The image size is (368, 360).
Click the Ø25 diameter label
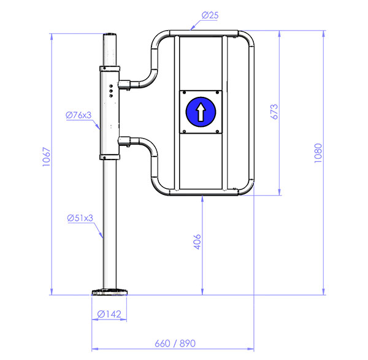click(x=210, y=15)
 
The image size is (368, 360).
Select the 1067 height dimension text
click(x=47, y=157)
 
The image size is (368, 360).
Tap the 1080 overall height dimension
click(x=318, y=153)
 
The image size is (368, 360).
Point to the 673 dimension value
click(x=274, y=112)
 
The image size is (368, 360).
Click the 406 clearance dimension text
click(x=197, y=242)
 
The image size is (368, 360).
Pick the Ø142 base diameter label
click(x=109, y=314)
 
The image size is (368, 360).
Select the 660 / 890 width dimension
click(x=175, y=343)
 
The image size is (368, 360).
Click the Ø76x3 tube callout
click(x=79, y=115)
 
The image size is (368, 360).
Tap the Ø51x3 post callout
click(x=80, y=218)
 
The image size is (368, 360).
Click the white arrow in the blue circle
click(x=201, y=112)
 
